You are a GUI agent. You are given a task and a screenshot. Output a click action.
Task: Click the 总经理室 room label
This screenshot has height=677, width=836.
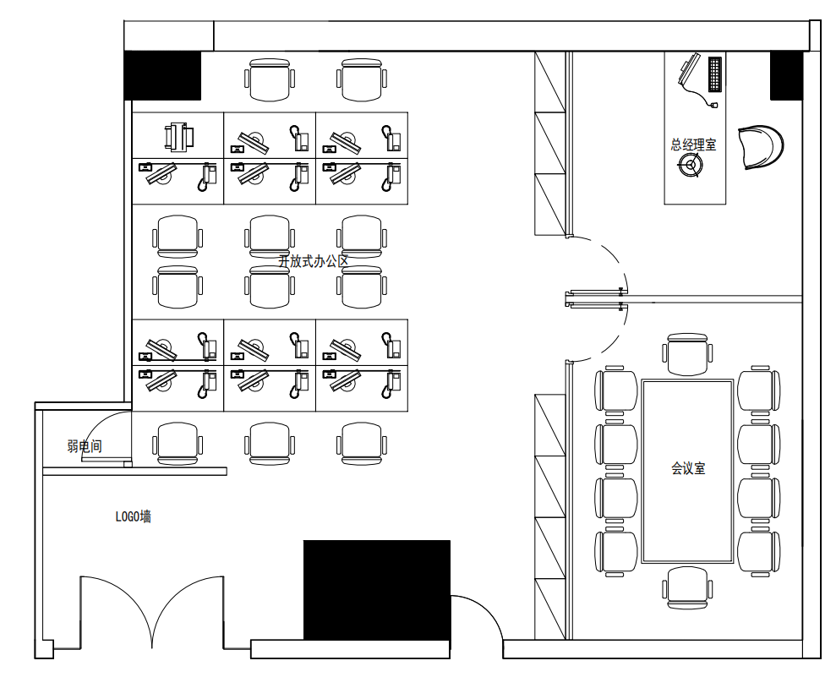click(x=693, y=145)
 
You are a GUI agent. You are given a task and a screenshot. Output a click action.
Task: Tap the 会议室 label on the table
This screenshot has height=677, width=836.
click(x=688, y=468)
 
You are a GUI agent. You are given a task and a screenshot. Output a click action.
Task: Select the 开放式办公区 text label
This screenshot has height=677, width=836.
click(x=313, y=261)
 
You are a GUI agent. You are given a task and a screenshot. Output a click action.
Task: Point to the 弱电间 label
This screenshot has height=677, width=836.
click(x=85, y=446)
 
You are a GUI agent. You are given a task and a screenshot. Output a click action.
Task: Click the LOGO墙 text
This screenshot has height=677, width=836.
click(x=134, y=516)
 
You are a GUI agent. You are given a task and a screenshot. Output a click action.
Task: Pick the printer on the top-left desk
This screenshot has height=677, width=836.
click(x=178, y=136)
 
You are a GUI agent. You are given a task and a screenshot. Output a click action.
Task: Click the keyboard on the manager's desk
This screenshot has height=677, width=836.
click(x=714, y=74)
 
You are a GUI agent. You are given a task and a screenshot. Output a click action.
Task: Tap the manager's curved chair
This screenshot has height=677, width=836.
click(x=762, y=148)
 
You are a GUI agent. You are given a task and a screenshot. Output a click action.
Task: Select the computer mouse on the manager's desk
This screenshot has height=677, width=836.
click(x=713, y=105)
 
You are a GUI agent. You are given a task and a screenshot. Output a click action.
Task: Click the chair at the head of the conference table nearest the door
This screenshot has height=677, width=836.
click(x=687, y=354)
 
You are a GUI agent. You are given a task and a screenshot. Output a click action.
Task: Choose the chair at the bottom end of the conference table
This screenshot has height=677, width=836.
click(x=687, y=587)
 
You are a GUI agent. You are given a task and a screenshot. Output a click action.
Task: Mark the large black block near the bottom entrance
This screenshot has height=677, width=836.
click(x=377, y=590)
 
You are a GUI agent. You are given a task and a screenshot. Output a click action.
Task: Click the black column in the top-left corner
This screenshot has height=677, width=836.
click(x=162, y=76)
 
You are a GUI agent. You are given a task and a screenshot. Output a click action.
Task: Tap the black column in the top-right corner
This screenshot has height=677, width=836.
click(x=786, y=76)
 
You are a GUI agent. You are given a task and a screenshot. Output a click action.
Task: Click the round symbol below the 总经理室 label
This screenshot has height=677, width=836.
click(x=691, y=165)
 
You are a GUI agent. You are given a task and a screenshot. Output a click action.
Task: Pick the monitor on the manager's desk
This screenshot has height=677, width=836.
click(x=690, y=69)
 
